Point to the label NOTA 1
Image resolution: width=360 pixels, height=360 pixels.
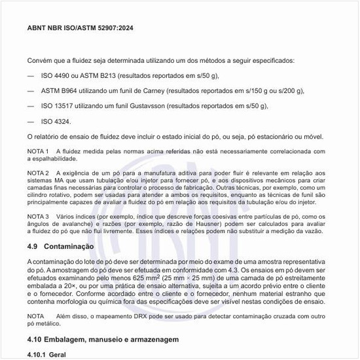coord(38,151)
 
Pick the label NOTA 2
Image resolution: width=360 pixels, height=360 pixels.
coord(38,173)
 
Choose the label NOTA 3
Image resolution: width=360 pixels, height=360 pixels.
coord(38,216)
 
